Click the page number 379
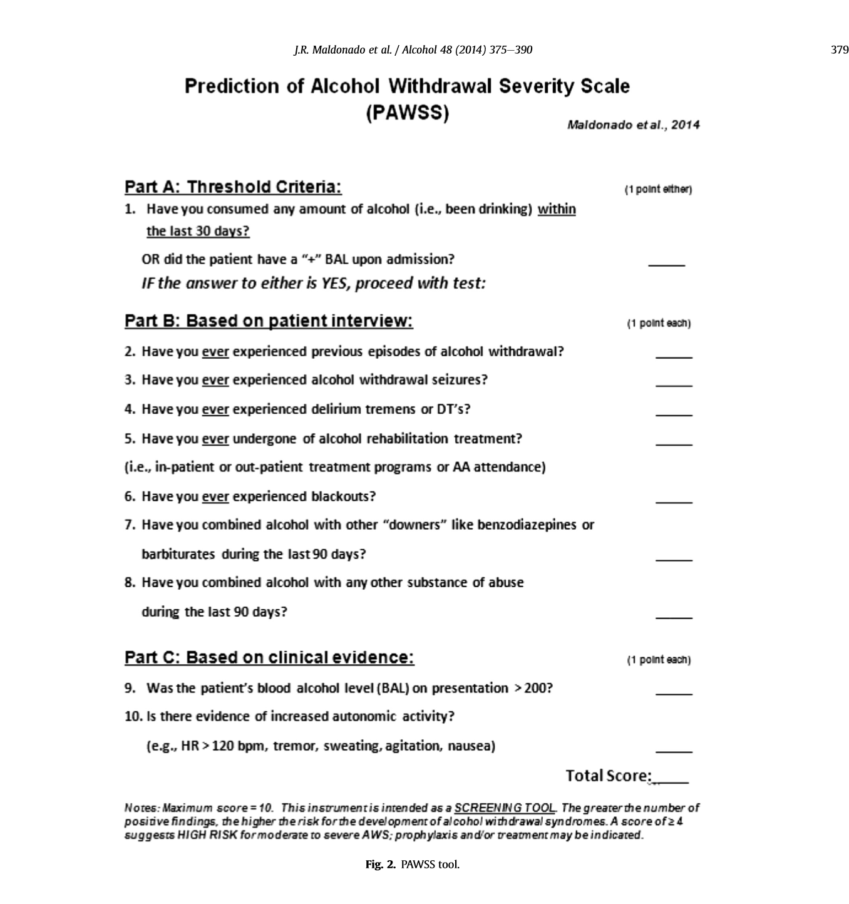[x=839, y=50]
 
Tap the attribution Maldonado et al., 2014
[x=633, y=125]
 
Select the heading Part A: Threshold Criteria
[x=233, y=187]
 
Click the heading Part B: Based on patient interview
[x=269, y=321]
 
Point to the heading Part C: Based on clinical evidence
[x=269, y=658]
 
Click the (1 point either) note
[x=658, y=190]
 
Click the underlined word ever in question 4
[x=215, y=409]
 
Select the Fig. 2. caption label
[x=380, y=865]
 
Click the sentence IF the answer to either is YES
[x=313, y=284]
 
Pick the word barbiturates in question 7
[x=178, y=555]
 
